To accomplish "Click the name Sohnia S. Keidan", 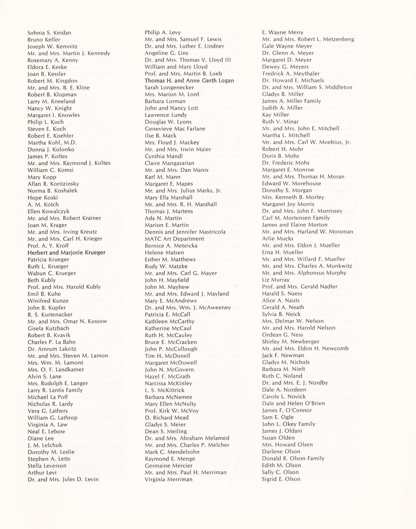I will (x=49, y=33).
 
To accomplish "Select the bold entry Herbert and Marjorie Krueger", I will (x=66, y=253).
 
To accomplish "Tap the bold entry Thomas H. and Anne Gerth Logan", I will (x=189, y=80).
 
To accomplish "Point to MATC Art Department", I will (x=174, y=239).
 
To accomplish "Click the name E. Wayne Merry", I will (x=283, y=33).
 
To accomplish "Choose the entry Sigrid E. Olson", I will (x=281, y=479).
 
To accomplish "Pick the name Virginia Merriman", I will (x=169, y=480).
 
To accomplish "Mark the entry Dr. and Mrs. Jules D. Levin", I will (x=63, y=480).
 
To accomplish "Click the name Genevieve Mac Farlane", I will (x=175, y=129).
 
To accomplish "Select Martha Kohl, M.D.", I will (x=52, y=143).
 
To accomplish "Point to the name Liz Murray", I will (x=276, y=280).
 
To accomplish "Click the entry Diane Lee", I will (x=41, y=438).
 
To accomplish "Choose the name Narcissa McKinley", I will (x=169, y=383).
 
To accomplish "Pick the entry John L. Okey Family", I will (x=288, y=424).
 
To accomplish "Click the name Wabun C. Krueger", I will (x=52, y=273).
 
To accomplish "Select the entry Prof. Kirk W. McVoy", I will (x=172, y=411).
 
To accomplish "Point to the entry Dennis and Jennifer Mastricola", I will (x=185, y=232).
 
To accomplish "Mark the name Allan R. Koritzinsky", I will (x=53, y=184).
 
